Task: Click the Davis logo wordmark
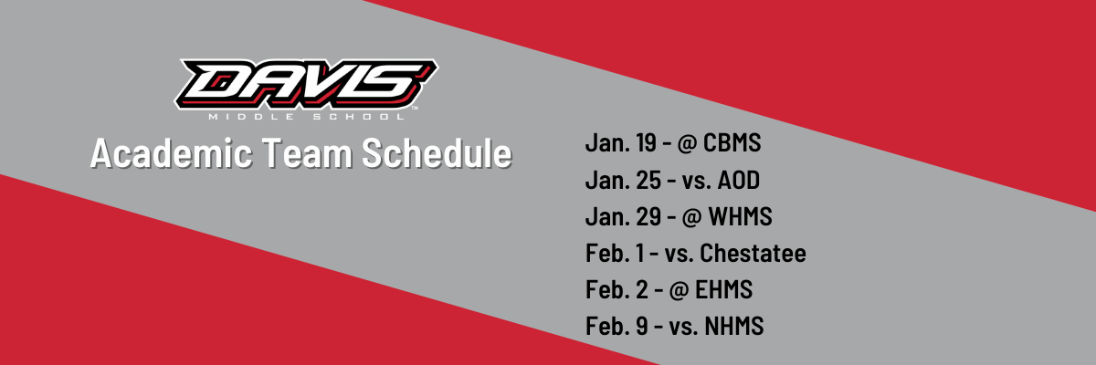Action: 306,85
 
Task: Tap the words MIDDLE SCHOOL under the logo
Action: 307,117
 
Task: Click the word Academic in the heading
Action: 172,153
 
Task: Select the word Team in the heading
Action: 307,153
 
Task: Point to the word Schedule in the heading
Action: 437,153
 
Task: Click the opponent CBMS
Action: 732,142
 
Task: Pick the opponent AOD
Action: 738,180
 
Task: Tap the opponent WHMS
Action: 741,216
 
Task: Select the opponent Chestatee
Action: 753,253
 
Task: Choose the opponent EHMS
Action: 723,289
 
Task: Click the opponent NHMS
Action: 734,326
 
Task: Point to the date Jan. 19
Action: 620,142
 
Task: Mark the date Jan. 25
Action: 623,180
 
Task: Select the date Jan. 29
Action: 623,216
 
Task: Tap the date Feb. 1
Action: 615,253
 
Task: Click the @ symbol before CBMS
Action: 688,143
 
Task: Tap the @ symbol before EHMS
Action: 680,290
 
